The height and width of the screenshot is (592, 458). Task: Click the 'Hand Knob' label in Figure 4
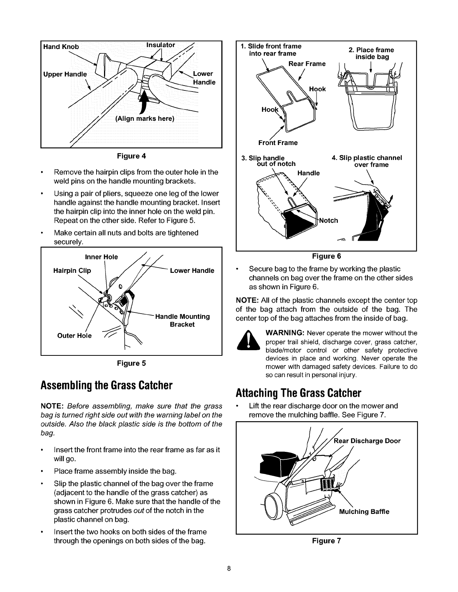[x=61, y=47]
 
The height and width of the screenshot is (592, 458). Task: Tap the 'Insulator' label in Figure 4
[x=161, y=45]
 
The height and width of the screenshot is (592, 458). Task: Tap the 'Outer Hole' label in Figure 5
[x=74, y=335]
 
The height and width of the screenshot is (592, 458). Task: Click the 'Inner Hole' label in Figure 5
[x=101, y=257]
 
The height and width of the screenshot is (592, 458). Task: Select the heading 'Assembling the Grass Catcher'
[x=109, y=385]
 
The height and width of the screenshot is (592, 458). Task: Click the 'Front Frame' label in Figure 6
[x=278, y=142]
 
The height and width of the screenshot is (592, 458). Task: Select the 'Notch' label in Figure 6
[x=329, y=220]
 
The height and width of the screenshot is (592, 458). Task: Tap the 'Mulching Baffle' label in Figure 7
[x=364, y=512]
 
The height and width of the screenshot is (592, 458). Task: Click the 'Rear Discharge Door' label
[x=367, y=441]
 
